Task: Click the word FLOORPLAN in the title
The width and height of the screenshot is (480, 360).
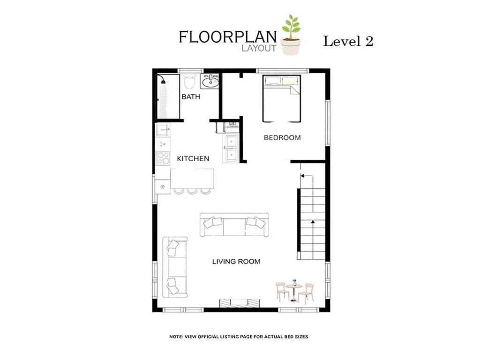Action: pos(228,37)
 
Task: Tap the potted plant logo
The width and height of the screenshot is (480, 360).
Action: pos(291,35)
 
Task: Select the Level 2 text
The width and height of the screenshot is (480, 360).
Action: pos(348,41)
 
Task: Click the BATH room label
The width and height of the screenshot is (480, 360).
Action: pos(191,97)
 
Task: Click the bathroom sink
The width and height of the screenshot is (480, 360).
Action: pos(210,81)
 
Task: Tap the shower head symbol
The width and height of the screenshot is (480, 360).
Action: pos(163,80)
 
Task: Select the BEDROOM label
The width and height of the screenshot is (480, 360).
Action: pos(282,138)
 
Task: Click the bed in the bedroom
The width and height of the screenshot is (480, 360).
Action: pos(282,98)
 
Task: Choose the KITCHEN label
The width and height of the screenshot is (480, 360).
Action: pos(193,158)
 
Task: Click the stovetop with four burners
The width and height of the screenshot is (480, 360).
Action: pos(163,158)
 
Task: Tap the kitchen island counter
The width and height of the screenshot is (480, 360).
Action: pos(192,179)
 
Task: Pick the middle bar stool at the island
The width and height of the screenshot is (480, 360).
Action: pos(192,192)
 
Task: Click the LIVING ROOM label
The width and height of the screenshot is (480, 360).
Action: pos(236,262)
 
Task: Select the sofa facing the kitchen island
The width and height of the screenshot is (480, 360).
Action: pos(234,225)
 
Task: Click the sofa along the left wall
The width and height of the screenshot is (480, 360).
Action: pos(175,267)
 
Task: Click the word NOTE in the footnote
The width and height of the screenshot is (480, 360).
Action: pos(176,337)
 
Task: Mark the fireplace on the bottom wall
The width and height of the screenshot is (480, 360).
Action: pos(240,303)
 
